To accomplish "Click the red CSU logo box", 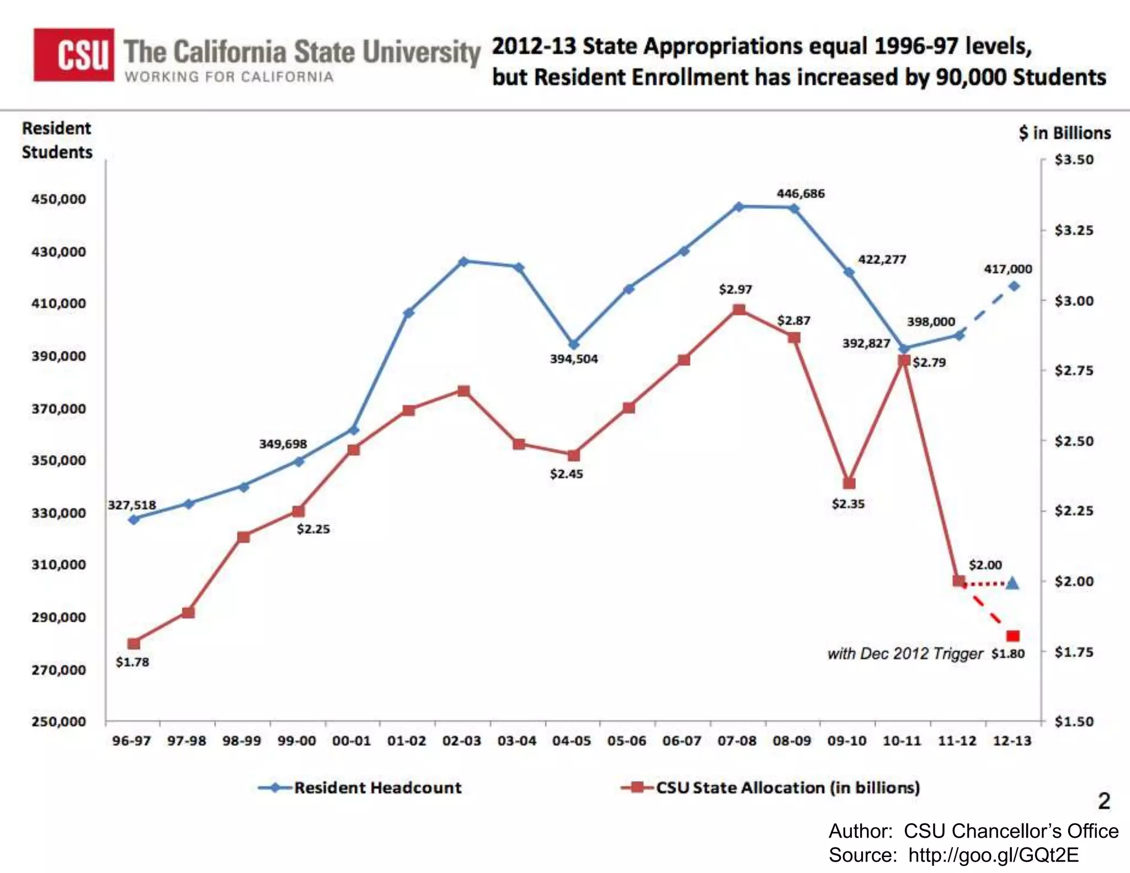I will pos(74,55).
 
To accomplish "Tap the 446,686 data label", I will pos(800,194).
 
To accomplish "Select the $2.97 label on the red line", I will pos(735,289).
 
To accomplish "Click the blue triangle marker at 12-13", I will pos(1012,583).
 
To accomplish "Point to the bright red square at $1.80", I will pos(1013,636).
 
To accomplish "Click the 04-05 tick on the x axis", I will pos(572,741).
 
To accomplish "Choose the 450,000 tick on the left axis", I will pos(58,199).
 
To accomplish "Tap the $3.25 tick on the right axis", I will pos(1073,230).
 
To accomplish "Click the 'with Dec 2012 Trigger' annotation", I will pos(905,654).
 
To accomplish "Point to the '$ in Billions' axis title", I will pos(1064,133).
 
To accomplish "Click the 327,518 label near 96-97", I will pos(131,505).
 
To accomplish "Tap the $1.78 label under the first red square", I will pos(132,662).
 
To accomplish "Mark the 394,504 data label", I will pos(574,359).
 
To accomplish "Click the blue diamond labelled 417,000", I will pos(1014,286).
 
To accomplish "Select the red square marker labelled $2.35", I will pos(849,483).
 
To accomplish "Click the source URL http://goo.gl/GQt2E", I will pos(993,855).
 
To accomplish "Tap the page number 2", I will pos(1104,801).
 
